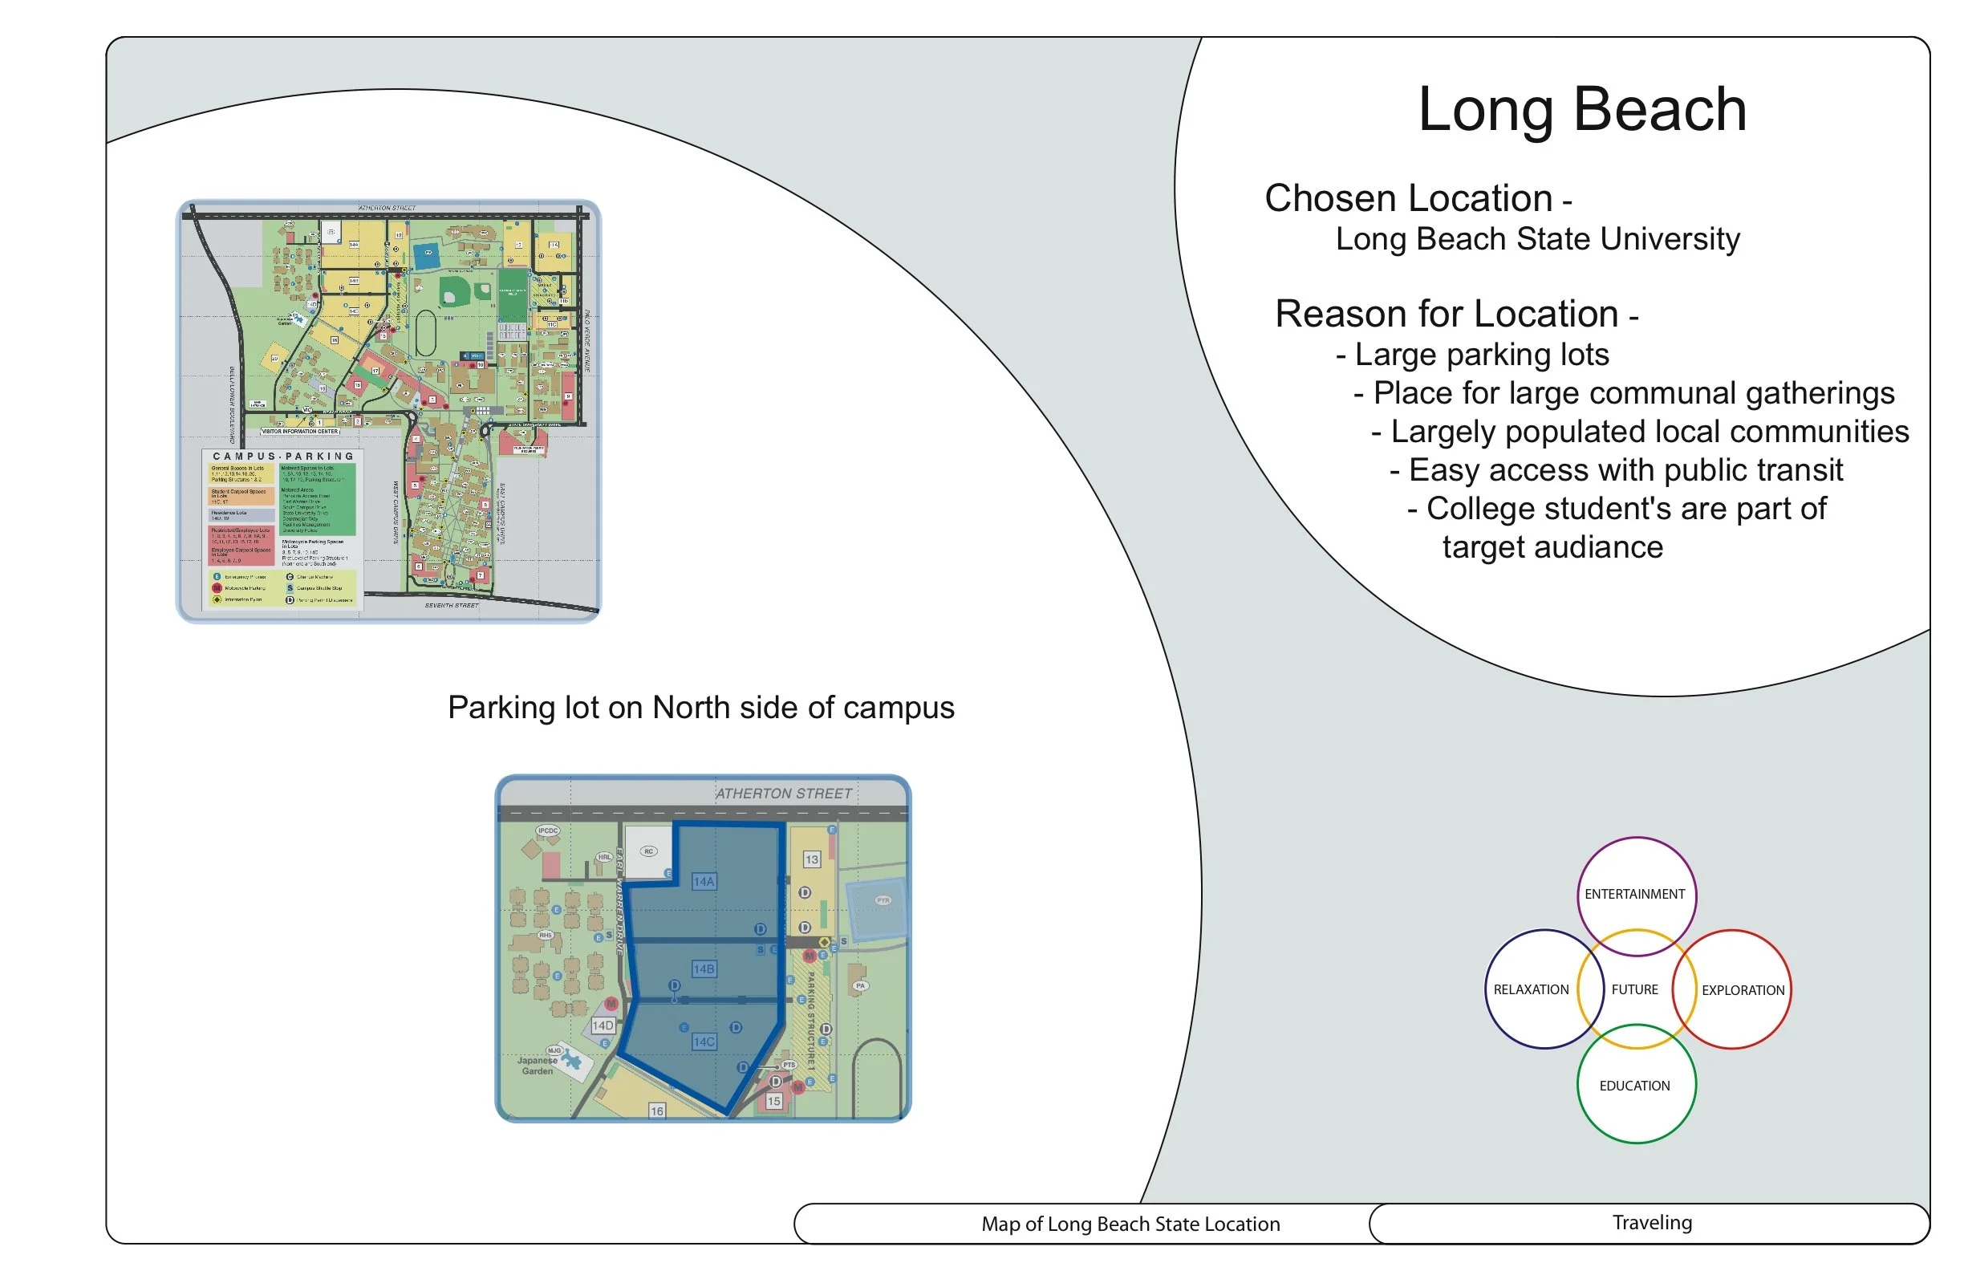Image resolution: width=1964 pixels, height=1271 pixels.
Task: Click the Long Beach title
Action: coord(1581,110)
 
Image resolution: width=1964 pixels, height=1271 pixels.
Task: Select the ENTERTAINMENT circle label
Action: coord(1634,894)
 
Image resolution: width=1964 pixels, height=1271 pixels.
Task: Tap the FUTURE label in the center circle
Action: coord(1634,989)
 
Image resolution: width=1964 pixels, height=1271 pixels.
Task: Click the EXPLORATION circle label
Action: coord(1742,990)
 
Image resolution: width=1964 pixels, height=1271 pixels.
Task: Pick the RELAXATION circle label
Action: coord(1531,989)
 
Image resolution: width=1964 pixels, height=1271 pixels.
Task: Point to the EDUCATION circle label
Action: coord(1634,1086)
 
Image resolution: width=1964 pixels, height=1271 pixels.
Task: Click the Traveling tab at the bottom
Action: coord(1651,1222)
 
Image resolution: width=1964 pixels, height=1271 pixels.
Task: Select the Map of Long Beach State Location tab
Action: coord(1130,1224)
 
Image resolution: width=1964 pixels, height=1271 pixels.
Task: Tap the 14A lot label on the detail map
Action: coord(704,882)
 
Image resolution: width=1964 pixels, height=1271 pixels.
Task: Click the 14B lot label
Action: coord(704,969)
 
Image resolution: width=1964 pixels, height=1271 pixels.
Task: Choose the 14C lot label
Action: coord(704,1042)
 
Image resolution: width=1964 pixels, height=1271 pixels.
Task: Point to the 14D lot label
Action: coord(603,1025)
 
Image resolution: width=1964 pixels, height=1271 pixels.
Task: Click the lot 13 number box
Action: coord(812,859)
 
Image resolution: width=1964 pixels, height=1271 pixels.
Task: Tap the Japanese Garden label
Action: coord(538,1066)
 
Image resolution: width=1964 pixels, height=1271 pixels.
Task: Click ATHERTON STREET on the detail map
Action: coord(783,794)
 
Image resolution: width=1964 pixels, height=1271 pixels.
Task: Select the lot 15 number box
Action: coord(773,1101)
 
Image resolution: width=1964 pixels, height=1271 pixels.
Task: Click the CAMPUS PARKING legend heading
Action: coord(283,457)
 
